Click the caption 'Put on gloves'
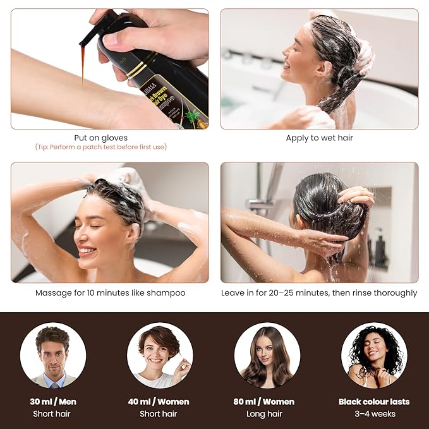100,138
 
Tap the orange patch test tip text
101,147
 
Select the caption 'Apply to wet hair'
319,138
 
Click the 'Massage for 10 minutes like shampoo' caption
110,293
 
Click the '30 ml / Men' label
52,401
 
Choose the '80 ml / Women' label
267,401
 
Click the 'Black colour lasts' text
374,401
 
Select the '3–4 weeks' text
374,414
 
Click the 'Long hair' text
267,414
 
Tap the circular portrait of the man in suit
52,355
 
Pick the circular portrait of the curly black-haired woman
374,355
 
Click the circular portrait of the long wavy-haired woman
267,355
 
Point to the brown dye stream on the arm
83,66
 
